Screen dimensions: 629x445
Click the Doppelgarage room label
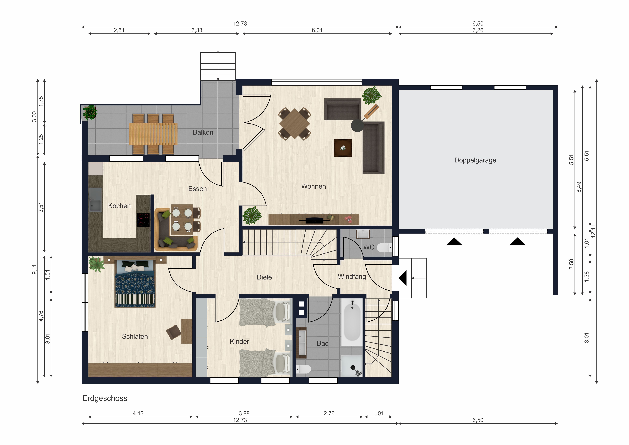(x=475, y=160)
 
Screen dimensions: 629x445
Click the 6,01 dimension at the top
(x=317, y=30)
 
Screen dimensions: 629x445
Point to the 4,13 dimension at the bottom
(x=138, y=414)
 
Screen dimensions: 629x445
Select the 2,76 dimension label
(x=329, y=414)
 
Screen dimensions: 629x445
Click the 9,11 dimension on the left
(x=34, y=269)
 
